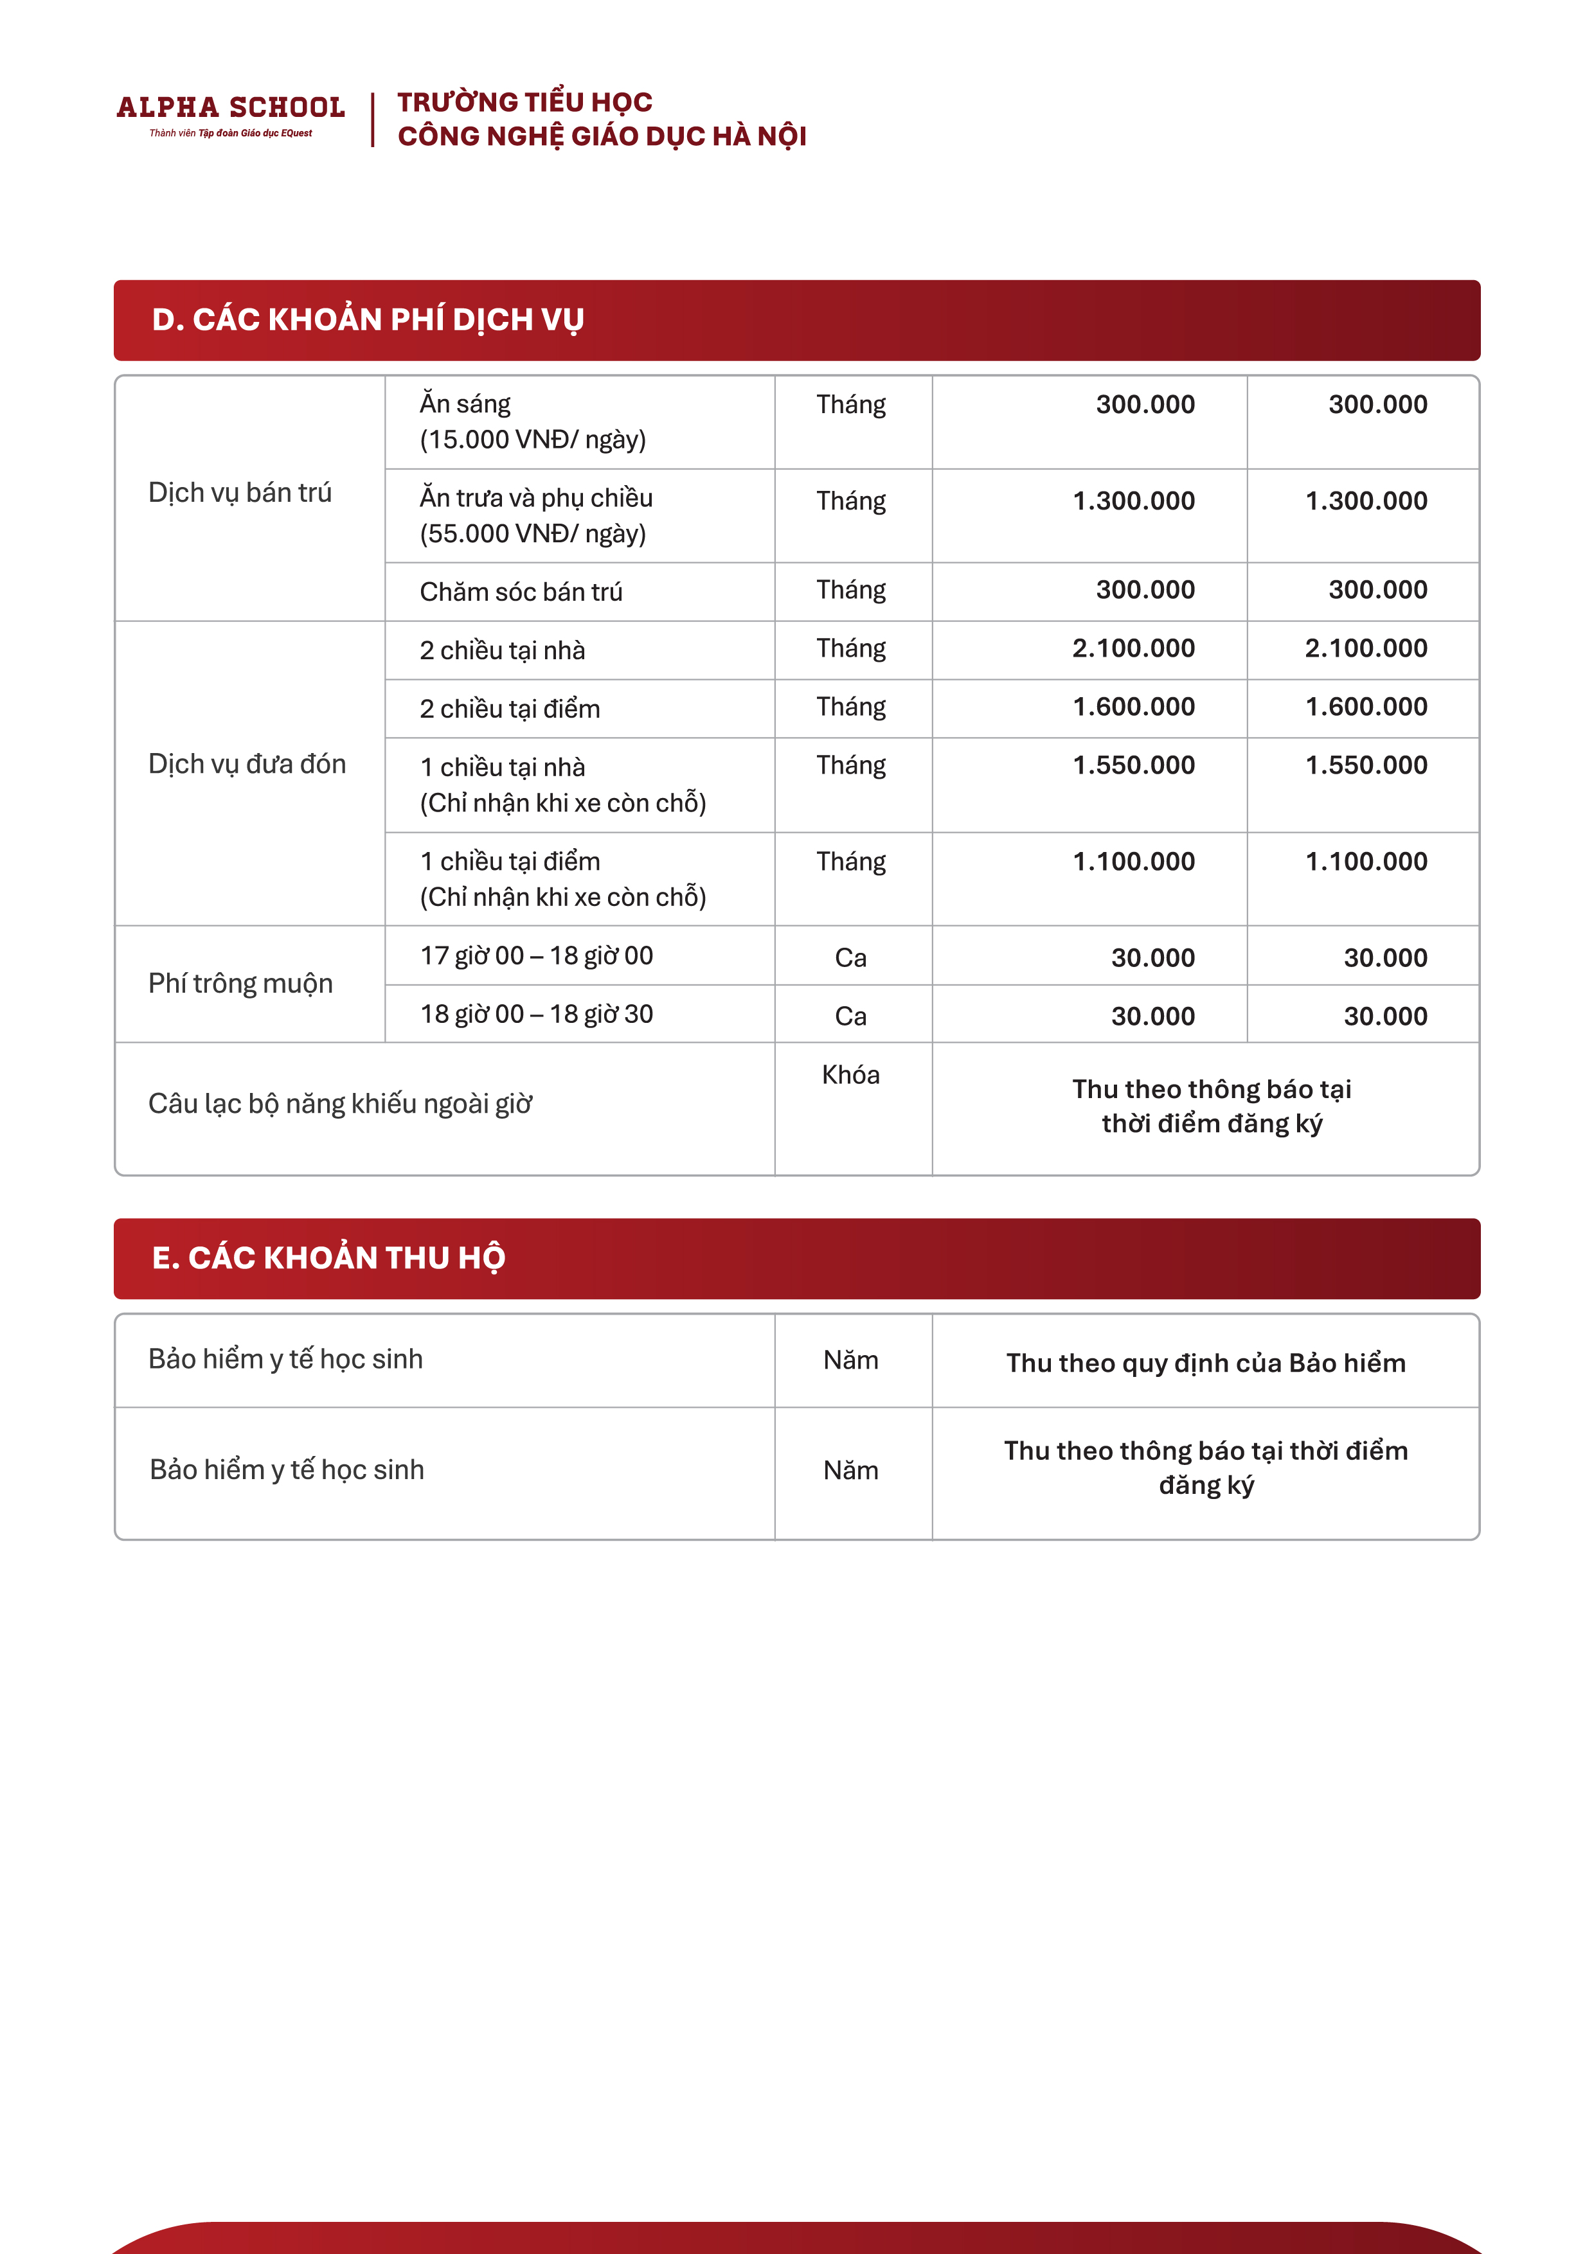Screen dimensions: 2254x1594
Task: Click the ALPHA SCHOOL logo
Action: [x=231, y=107]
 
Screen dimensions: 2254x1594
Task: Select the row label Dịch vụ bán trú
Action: [x=240, y=493]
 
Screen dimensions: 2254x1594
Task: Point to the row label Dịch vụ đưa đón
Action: [x=247, y=764]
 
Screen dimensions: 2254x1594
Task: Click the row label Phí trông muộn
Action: [x=240, y=984]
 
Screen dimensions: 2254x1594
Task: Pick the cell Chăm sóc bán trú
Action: [x=521, y=592]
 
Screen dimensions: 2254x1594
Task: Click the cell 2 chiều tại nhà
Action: [x=502, y=650]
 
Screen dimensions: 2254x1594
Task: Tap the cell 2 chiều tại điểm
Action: [x=510, y=709]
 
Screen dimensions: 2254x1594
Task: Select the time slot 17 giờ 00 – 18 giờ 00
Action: [x=536, y=956]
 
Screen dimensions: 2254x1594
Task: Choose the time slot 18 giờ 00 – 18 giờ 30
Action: [x=536, y=1014]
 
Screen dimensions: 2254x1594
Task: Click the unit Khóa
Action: [x=850, y=1075]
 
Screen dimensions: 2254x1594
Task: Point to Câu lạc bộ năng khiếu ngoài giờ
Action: [x=340, y=1105]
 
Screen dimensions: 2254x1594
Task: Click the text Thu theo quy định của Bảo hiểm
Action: [x=1205, y=1363]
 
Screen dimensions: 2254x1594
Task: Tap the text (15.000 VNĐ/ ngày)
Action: [x=532, y=439]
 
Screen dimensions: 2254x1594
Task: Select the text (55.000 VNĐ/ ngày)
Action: [x=532, y=534]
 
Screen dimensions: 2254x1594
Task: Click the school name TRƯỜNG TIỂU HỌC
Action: [x=524, y=102]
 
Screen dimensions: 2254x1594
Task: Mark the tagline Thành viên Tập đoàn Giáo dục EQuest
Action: [x=231, y=134]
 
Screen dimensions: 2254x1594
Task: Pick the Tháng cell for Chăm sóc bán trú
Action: [x=850, y=590]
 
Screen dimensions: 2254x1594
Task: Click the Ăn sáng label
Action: [x=465, y=404]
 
